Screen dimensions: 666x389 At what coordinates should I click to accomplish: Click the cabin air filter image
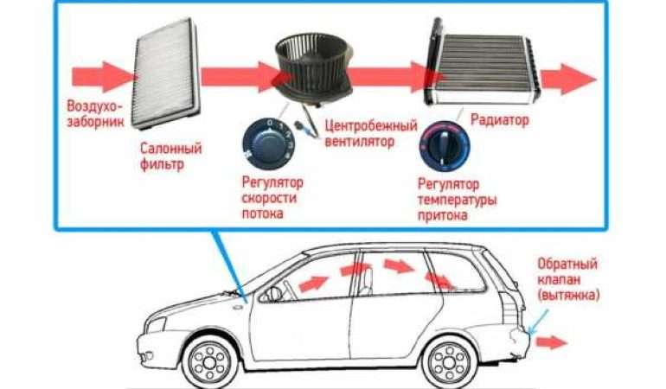(166, 73)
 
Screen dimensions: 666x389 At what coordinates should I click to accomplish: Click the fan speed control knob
(267, 143)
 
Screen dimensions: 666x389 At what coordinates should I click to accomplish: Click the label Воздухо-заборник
(95, 114)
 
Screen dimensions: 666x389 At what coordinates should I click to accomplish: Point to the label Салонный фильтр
(170, 156)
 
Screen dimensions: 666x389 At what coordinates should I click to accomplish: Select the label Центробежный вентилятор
(371, 133)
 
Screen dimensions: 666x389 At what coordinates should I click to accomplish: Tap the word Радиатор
(500, 120)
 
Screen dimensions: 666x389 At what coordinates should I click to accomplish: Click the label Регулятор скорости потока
(272, 198)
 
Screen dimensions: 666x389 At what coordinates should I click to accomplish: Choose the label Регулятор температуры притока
(457, 200)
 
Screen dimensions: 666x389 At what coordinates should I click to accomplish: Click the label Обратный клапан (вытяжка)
(568, 279)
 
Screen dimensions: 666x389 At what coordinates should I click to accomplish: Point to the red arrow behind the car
(551, 341)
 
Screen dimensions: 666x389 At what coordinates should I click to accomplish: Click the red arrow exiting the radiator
(569, 79)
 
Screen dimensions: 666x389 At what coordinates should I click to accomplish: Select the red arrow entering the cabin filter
(103, 77)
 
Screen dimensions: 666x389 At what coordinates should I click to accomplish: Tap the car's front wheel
(210, 362)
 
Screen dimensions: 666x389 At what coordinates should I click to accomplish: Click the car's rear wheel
(450, 361)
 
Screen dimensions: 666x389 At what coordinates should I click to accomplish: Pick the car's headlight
(156, 325)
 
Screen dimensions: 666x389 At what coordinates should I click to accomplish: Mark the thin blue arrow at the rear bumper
(539, 322)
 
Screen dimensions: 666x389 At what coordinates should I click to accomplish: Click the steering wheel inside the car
(275, 294)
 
